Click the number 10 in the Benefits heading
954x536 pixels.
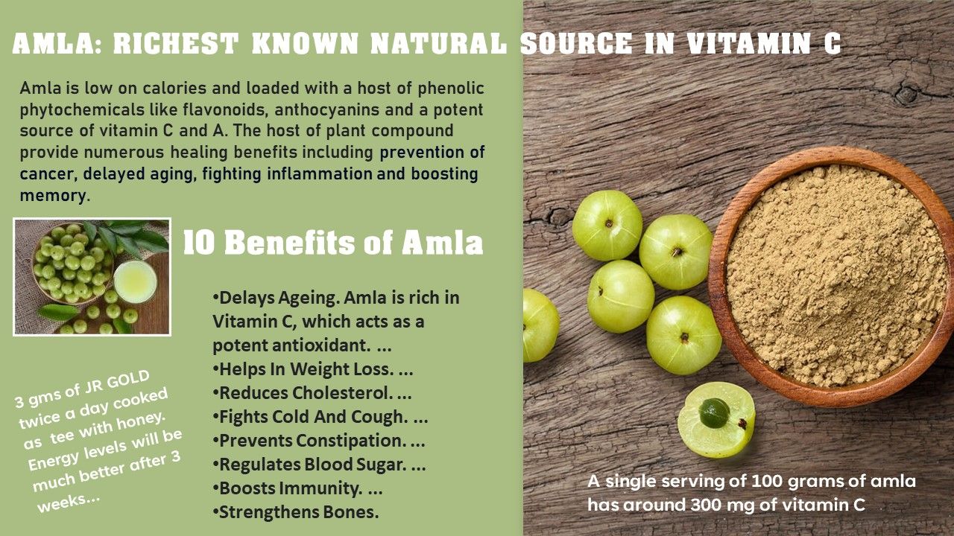click(x=199, y=243)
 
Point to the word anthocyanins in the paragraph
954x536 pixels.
click(x=326, y=109)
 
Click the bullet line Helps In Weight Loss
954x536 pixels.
click(x=312, y=369)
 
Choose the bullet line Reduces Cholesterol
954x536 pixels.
click(x=312, y=393)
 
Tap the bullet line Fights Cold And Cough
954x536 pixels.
click(x=320, y=417)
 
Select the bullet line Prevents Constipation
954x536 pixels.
click(x=318, y=441)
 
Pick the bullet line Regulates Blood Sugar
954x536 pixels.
click(x=319, y=465)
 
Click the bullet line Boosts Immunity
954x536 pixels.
click(x=297, y=488)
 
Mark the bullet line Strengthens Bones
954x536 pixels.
click(x=296, y=512)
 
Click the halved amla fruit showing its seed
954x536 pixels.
click(x=716, y=421)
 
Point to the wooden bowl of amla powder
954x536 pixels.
click(x=830, y=276)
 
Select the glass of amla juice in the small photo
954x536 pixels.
click(x=136, y=281)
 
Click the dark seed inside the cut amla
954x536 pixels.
click(x=714, y=412)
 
